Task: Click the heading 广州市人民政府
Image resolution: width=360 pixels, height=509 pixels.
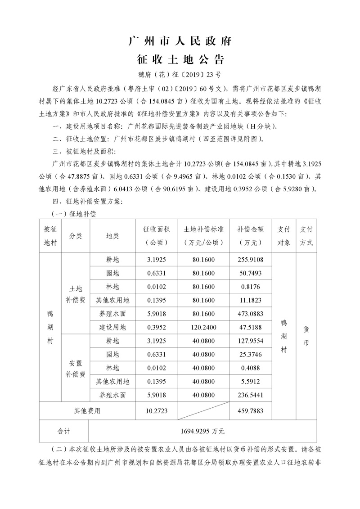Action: point(180,42)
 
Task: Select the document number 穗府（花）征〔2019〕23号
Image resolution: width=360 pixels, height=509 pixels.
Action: point(180,74)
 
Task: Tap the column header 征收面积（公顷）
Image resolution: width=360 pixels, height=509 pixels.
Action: point(157,236)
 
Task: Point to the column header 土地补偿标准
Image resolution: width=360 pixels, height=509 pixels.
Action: point(204,236)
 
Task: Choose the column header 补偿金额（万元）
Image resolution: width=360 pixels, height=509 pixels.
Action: point(251,236)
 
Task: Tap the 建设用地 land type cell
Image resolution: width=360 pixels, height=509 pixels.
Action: point(113,327)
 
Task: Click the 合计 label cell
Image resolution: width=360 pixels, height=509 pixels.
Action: point(64,431)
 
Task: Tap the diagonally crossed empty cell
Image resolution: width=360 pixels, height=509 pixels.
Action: point(204,410)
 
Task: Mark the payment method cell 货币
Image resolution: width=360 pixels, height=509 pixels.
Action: point(306,334)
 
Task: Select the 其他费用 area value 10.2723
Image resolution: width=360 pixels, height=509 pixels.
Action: point(157,410)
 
